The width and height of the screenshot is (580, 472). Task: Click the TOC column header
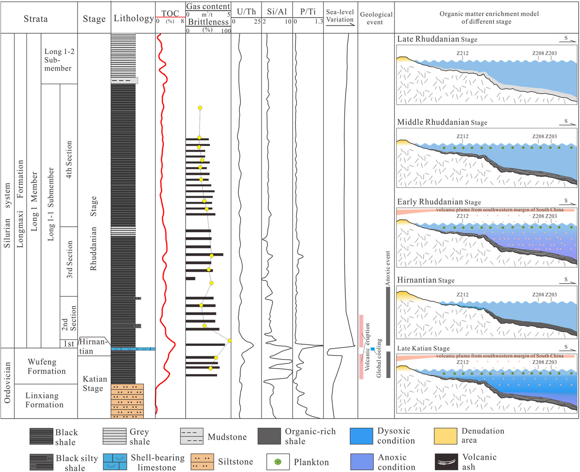170,13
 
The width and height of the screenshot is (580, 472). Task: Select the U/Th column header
246,12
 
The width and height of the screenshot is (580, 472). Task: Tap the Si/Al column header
277,12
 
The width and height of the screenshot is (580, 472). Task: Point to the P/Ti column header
308,12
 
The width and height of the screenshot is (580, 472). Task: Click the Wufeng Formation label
46,366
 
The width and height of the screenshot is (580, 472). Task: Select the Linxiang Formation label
44,400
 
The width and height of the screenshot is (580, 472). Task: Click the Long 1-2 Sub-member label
59,60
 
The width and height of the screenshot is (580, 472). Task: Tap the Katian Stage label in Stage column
95,383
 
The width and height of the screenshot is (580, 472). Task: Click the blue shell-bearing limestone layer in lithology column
133,349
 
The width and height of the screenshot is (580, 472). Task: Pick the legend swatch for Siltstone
202,462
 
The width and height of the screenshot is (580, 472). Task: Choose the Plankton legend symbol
278,462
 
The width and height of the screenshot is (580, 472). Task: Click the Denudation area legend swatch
445,436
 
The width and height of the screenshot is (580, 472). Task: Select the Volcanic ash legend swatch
446,462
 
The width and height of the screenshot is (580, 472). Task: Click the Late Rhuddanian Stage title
437,39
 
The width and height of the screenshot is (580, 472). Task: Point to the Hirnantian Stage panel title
425,280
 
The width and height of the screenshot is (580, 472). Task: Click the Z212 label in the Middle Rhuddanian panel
462,136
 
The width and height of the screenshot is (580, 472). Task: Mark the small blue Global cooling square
373,349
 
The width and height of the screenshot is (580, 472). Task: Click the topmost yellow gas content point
200,108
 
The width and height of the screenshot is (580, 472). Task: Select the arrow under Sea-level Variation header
340,25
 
